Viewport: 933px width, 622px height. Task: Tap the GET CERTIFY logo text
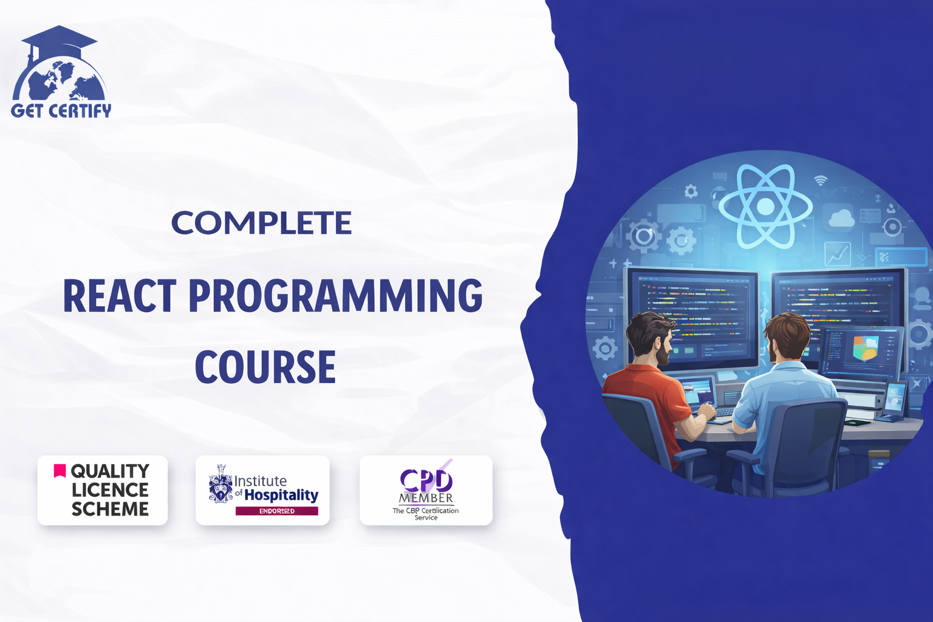click(x=61, y=111)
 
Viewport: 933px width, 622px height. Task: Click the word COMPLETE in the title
click(x=261, y=223)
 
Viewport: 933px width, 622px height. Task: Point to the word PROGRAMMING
click(x=335, y=296)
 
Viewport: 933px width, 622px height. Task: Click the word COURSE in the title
click(x=265, y=367)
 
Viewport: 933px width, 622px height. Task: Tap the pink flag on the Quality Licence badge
click(x=60, y=471)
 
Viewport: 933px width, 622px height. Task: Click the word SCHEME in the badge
click(x=110, y=509)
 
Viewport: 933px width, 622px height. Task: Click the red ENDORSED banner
click(x=276, y=511)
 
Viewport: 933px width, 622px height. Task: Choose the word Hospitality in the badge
click(x=281, y=495)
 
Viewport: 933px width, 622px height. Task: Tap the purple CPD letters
click(x=426, y=480)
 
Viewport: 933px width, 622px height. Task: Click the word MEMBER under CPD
click(x=426, y=498)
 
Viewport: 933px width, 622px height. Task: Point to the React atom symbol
click(x=765, y=207)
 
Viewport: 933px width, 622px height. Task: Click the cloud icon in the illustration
click(x=841, y=218)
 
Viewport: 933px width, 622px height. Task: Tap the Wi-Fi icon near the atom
click(x=821, y=180)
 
